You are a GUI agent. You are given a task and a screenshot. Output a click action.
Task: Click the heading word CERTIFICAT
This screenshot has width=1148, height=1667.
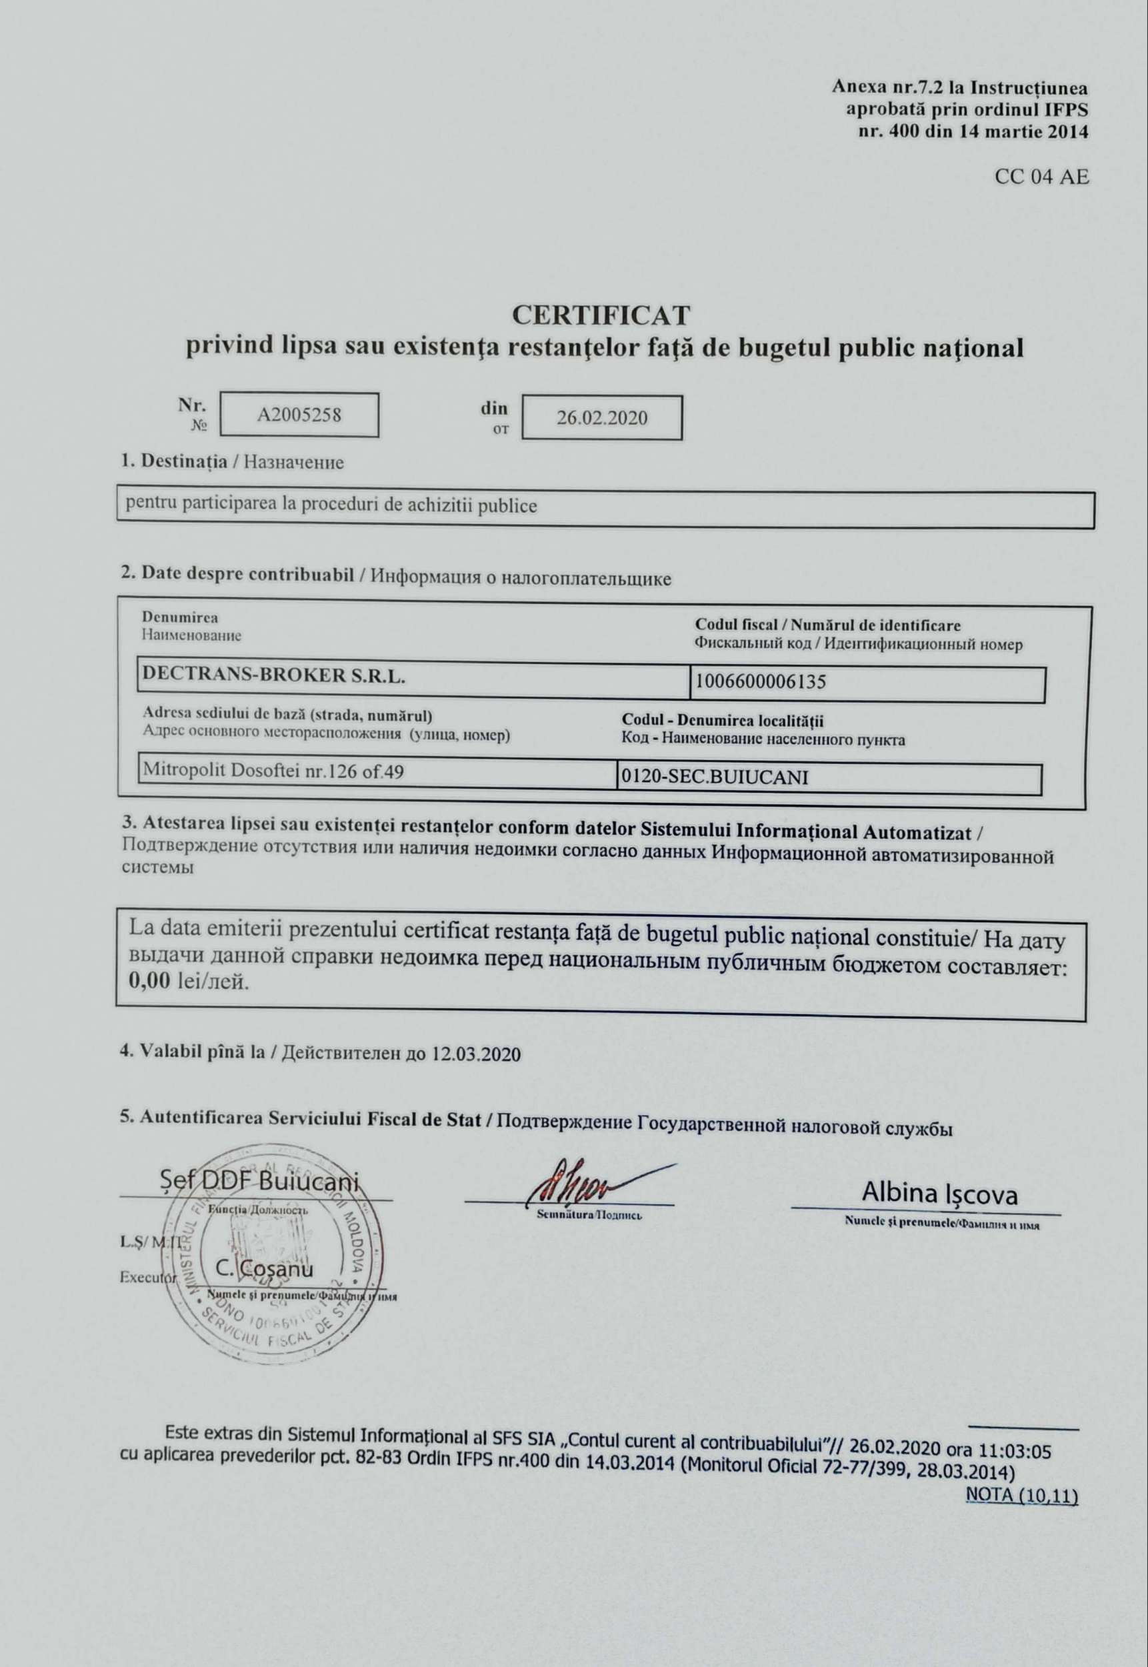601,315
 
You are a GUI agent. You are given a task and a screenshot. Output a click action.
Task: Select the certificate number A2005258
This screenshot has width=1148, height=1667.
299,415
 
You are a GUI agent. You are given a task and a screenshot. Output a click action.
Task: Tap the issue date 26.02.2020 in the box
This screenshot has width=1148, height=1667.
601,418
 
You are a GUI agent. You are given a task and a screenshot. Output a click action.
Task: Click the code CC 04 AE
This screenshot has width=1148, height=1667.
1041,177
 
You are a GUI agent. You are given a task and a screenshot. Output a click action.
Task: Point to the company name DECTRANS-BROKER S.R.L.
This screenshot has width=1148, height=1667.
274,675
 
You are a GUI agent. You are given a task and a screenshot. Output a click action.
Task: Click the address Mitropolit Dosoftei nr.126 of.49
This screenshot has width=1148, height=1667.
273,771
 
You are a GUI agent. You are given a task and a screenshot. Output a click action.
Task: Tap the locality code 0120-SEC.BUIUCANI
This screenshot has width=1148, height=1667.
713,777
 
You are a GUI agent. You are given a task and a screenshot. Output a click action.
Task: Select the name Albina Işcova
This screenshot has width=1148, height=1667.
939,1195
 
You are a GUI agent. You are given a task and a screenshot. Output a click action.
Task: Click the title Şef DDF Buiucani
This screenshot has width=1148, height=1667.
258,1182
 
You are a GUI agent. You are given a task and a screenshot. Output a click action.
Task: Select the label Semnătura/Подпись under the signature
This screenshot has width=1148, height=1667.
589,1215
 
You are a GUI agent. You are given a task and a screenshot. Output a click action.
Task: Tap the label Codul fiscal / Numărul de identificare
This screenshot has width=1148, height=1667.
827,625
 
